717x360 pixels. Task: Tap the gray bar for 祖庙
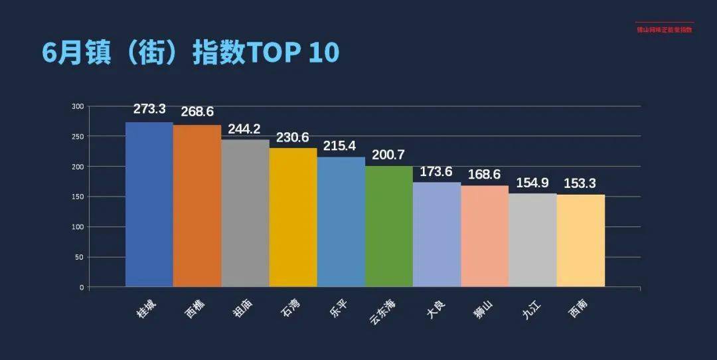tap(245, 213)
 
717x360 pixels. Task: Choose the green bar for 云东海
tap(389, 226)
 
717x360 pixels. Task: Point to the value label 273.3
tap(149, 109)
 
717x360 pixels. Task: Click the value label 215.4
tap(341, 145)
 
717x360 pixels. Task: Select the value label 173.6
tap(436, 171)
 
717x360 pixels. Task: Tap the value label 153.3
tap(580, 183)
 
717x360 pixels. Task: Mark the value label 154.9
tap(532, 183)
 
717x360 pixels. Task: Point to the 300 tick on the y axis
tap(78, 106)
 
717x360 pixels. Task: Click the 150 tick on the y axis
tap(78, 197)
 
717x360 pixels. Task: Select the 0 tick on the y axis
tap(82, 288)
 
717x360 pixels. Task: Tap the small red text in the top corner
tap(664, 29)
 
